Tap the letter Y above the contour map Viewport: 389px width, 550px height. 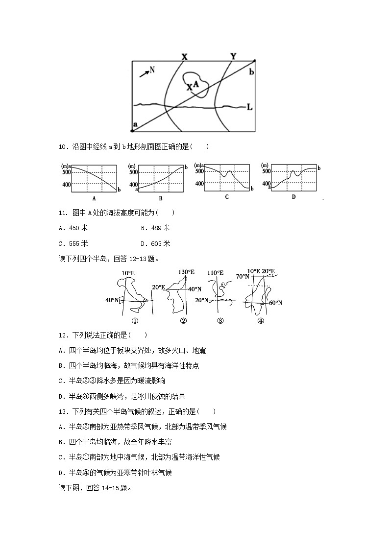pyautogui.click(x=233, y=56)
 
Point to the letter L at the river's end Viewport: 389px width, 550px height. pyautogui.click(x=250, y=107)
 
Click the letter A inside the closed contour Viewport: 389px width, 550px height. pyautogui.click(x=196, y=84)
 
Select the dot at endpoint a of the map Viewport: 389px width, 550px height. pyautogui.click(x=133, y=131)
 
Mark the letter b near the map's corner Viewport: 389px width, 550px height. pyautogui.click(x=252, y=72)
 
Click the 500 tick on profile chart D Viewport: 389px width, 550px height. pyautogui.click(x=266, y=171)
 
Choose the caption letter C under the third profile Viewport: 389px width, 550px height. pyautogui.click(x=227, y=197)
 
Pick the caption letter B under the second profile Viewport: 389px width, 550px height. pyautogui.click(x=160, y=198)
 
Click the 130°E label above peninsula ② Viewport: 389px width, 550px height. pyautogui.click(x=186, y=272)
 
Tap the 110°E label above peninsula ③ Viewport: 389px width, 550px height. pyautogui.click(x=216, y=273)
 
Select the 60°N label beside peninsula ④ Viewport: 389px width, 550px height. pyautogui.click(x=275, y=303)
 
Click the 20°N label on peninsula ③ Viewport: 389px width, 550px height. pyautogui.click(x=202, y=300)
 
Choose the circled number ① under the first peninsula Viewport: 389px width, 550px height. pyautogui.click(x=133, y=321)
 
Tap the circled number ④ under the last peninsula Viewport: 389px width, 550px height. pyautogui.click(x=261, y=321)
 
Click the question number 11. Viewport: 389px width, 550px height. pyautogui.click(x=62, y=213)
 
